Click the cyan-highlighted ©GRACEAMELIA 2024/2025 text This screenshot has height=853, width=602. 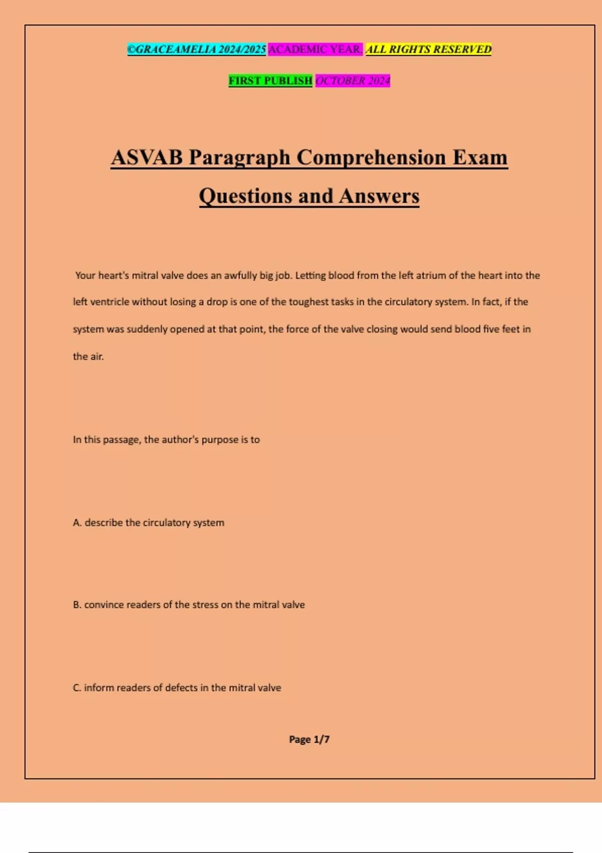click(196, 49)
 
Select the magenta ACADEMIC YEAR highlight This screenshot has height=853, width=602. click(315, 49)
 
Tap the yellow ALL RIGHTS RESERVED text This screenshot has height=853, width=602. click(428, 49)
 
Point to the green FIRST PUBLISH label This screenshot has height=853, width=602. click(270, 80)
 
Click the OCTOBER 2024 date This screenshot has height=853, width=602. click(353, 80)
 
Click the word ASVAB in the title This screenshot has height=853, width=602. click(147, 158)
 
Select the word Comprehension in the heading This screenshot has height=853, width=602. click(371, 158)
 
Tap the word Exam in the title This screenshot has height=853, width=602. click(480, 158)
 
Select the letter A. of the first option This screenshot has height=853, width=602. click(77, 523)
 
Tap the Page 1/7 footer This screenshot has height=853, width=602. click(309, 739)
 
